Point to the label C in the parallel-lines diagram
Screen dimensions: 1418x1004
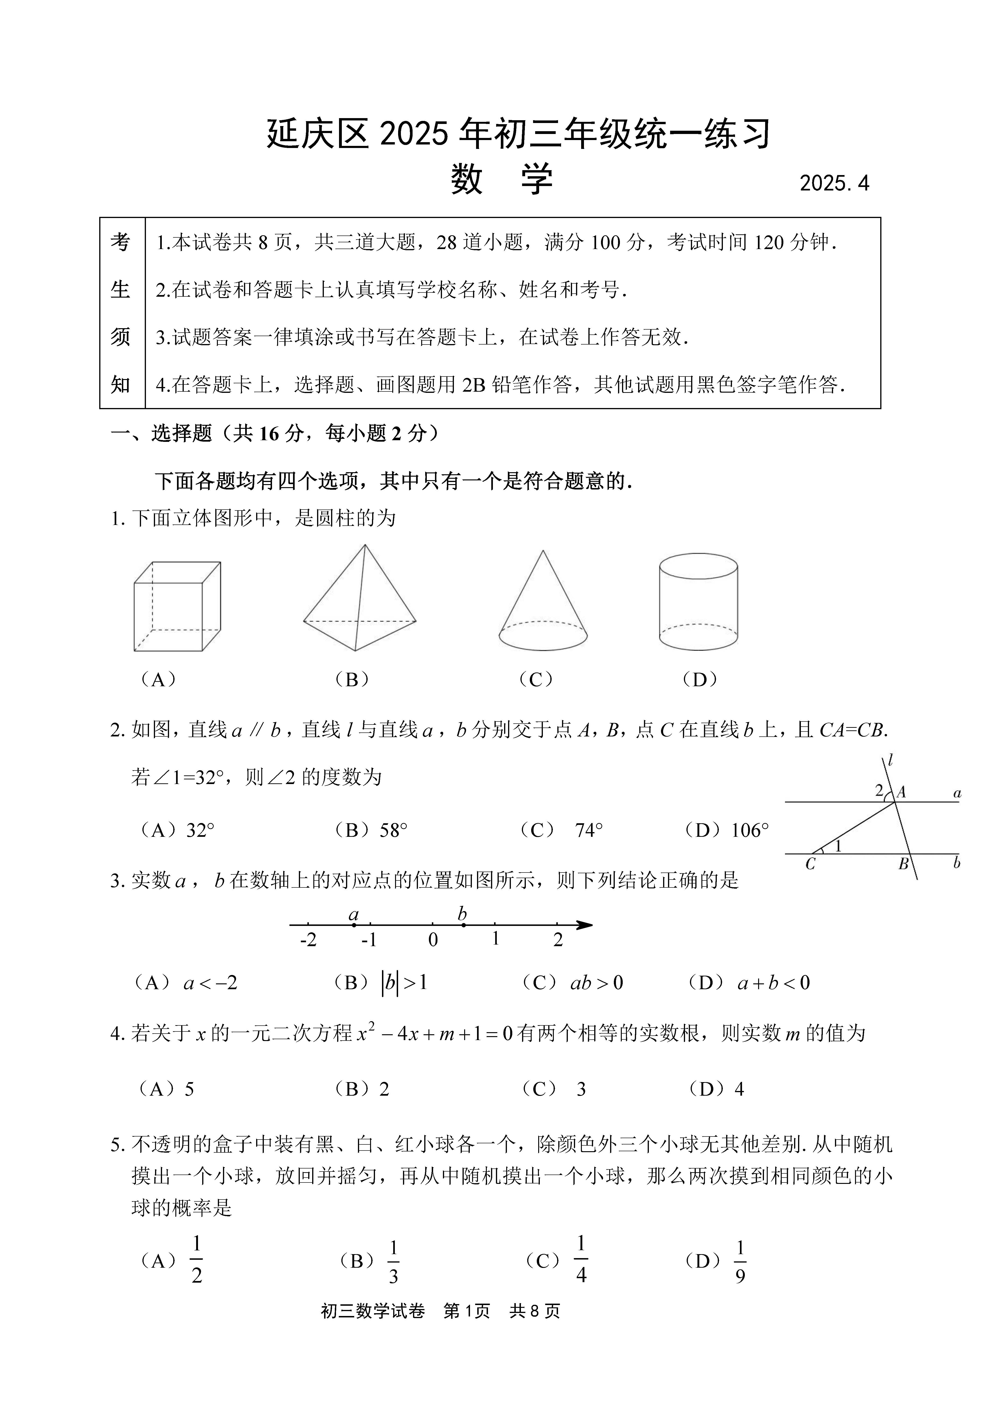pos(810,864)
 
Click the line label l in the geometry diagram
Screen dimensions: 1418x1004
pos(890,760)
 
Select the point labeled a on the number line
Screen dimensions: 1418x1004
pos(354,925)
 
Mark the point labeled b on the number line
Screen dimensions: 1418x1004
pos(463,925)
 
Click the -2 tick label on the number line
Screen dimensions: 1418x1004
pos(308,940)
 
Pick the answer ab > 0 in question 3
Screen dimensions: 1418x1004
pos(596,983)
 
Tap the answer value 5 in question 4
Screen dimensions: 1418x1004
pos(189,1089)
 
